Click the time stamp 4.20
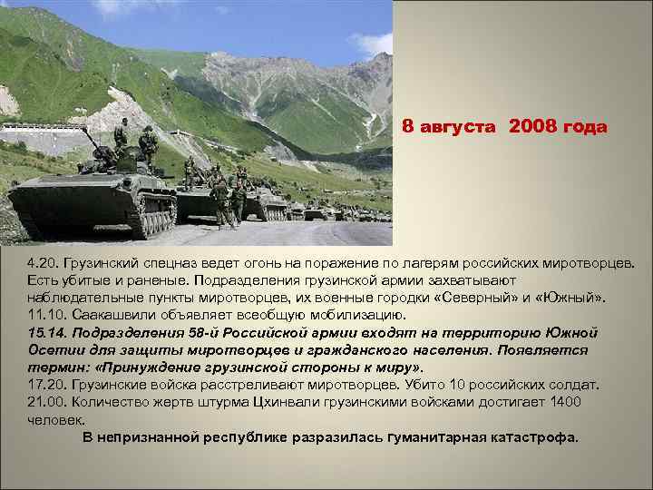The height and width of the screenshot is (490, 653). [x=42, y=263]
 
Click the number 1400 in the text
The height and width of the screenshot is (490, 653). [x=564, y=402]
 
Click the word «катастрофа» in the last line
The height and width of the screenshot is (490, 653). [x=534, y=437]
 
